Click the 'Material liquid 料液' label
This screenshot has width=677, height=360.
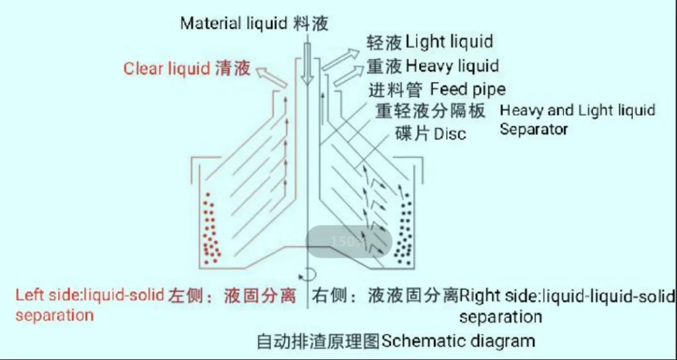coord(255,24)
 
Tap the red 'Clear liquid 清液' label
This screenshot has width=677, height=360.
coord(187,68)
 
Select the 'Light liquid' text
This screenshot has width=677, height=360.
coord(449,42)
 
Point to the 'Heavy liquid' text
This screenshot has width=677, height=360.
coord(452,66)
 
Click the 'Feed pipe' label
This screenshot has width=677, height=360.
coord(468,89)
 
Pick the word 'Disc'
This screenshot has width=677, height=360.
coord(450,133)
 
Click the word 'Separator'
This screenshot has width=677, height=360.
coord(533,129)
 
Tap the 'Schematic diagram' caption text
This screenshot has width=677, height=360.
coord(458,340)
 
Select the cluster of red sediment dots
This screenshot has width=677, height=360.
coord(211,230)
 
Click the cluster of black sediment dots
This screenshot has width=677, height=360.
coord(405,230)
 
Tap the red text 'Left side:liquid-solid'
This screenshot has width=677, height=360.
coord(91,296)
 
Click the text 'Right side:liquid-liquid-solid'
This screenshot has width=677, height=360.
coord(567,296)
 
